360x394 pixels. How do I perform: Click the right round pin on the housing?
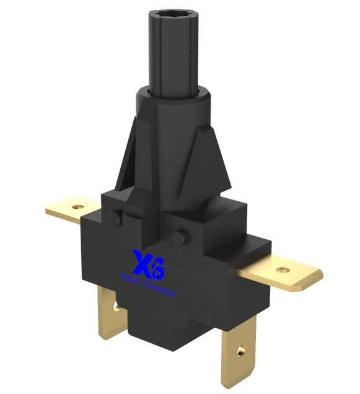[179, 237]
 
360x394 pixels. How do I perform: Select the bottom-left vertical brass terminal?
[112, 319]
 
